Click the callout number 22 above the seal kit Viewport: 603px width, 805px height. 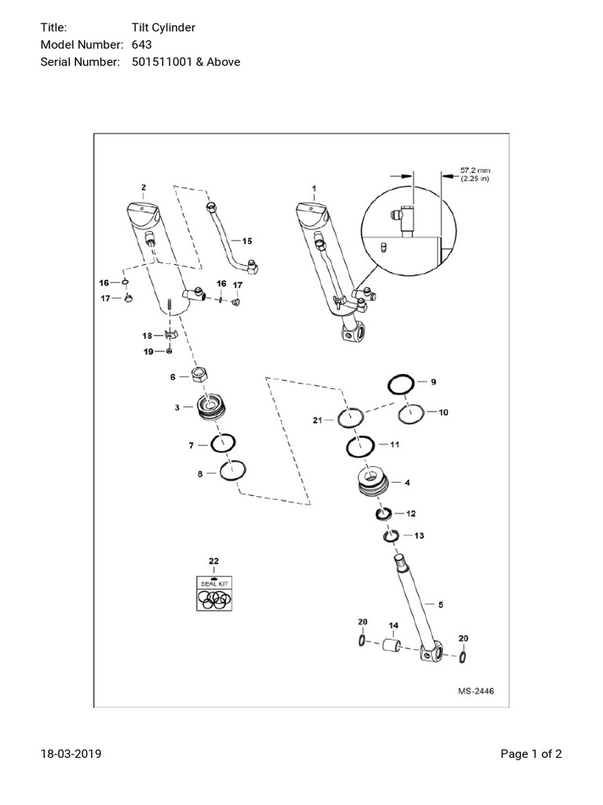[x=213, y=561]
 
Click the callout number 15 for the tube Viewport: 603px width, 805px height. [x=247, y=241]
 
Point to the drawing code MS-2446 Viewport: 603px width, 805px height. [x=477, y=692]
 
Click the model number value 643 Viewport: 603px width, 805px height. [x=141, y=44]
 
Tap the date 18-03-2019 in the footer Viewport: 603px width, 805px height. [x=71, y=754]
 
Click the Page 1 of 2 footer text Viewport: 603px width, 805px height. [x=531, y=754]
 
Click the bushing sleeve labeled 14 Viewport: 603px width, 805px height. [x=393, y=646]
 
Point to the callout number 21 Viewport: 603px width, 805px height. [x=317, y=421]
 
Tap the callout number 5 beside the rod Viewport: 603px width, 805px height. [x=440, y=605]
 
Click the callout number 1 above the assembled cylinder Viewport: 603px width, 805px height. [x=314, y=189]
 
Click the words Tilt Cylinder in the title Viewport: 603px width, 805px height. [x=164, y=28]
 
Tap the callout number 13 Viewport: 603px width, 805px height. [x=418, y=535]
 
